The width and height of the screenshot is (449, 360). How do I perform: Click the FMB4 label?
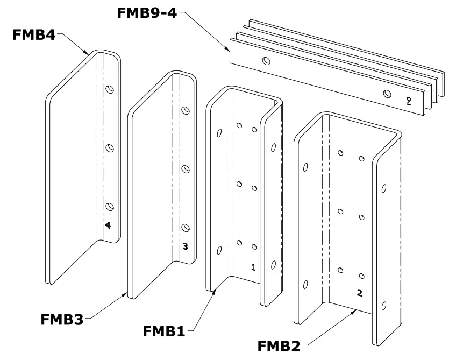33,36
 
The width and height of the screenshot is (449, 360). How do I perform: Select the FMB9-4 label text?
147,12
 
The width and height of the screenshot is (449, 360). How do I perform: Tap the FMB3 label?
62,320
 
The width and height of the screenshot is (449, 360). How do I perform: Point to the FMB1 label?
164,331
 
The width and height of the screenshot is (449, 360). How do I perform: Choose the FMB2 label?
279,344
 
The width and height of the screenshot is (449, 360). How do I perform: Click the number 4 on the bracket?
108,225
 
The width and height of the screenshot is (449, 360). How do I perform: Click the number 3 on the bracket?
185,246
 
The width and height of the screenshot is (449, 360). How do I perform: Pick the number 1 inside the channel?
253,267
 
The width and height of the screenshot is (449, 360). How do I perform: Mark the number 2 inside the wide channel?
360,293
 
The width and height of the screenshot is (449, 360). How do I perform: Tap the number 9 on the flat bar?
409,101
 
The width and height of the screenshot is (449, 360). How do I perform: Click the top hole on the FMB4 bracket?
110,90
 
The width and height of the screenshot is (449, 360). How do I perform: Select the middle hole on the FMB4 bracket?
110,147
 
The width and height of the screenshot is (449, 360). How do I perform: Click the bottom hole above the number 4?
110,206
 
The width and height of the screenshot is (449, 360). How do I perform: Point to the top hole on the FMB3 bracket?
186,111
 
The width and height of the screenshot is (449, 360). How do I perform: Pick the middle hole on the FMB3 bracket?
186,169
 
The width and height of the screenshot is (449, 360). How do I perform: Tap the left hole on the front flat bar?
265,61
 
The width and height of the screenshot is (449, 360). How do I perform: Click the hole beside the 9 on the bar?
387,94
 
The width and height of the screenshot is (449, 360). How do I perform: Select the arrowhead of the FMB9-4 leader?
228,50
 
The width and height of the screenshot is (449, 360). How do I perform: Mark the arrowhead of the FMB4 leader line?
88,54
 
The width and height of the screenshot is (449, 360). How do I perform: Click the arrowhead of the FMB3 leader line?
126,293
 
